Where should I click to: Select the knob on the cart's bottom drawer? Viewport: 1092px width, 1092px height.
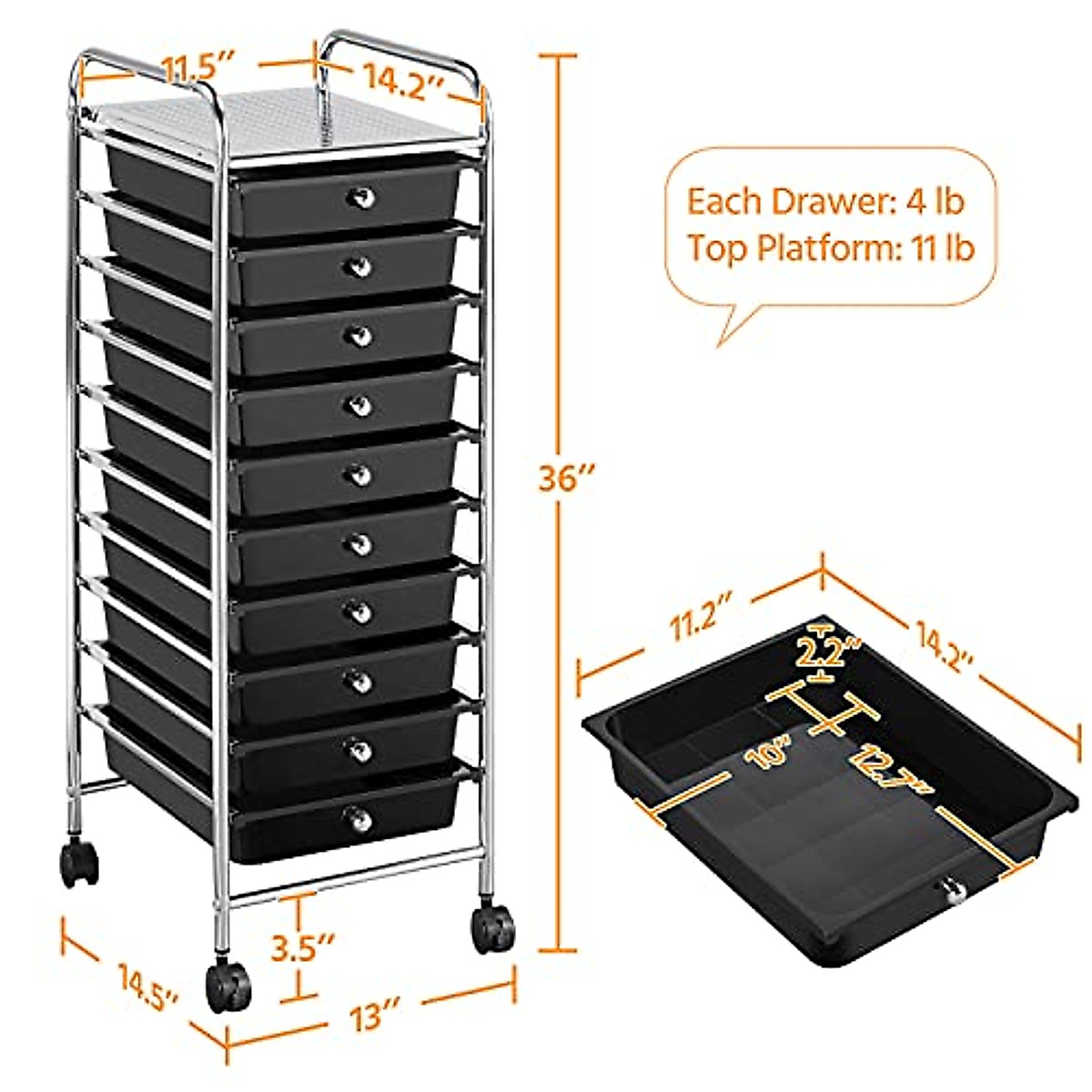point(360,819)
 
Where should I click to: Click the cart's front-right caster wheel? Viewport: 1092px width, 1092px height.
point(492,927)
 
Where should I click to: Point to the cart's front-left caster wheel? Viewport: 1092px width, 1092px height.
point(227,987)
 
